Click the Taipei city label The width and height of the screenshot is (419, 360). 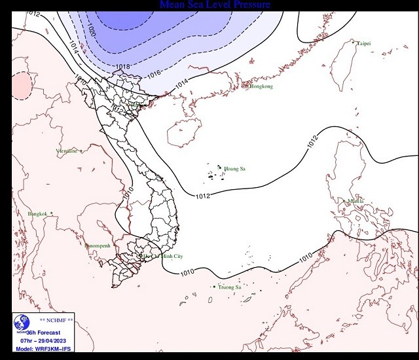[x=363, y=43]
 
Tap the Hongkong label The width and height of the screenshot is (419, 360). [x=260, y=86]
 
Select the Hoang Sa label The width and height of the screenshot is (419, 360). [x=234, y=170]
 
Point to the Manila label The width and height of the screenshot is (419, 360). [x=355, y=202]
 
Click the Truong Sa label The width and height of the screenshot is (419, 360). [x=229, y=287]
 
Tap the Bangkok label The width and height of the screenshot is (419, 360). [x=38, y=214]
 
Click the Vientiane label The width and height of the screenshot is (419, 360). [x=67, y=151]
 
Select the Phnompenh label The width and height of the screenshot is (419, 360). [x=98, y=245]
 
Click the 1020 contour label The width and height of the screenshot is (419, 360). [x=92, y=30]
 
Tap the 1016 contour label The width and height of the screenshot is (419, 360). [x=153, y=75]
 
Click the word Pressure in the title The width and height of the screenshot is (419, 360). [x=243, y=5]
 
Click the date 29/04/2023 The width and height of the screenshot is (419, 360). [x=58, y=340]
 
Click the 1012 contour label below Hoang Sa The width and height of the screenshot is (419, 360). [x=203, y=195]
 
